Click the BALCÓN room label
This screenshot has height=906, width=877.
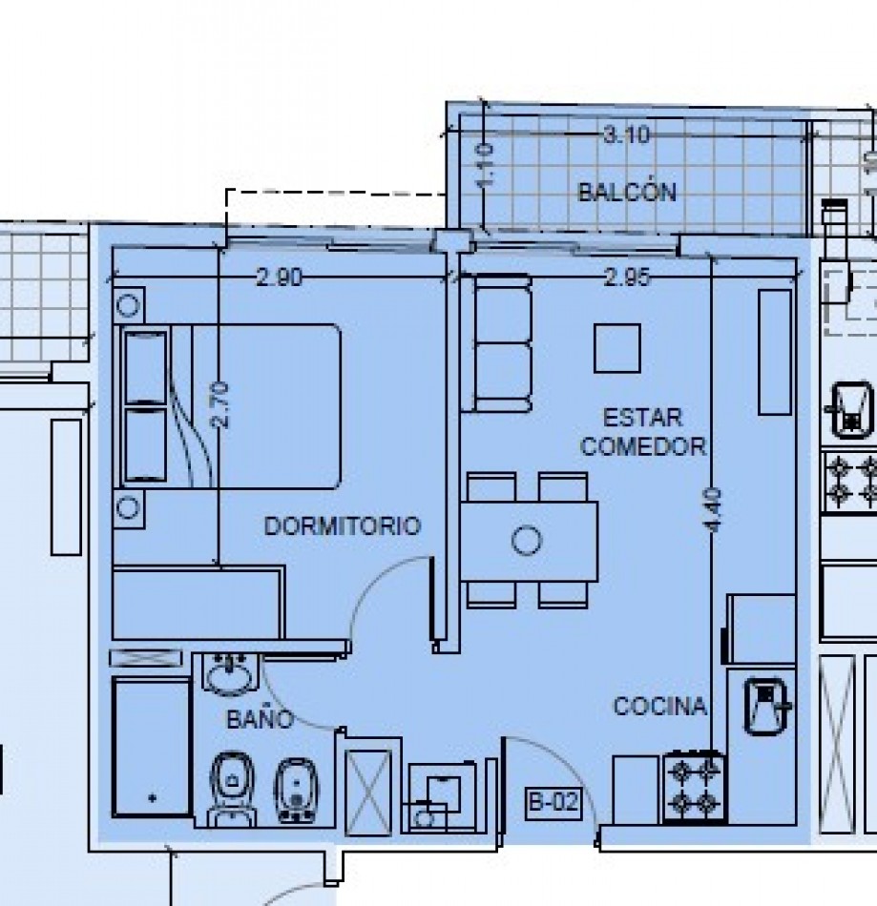[627, 192]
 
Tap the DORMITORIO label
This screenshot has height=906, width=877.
[343, 525]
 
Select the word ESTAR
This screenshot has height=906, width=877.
[642, 417]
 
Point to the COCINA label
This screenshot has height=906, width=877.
[659, 706]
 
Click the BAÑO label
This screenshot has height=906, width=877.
[261, 719]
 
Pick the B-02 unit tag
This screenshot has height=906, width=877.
[553, 802]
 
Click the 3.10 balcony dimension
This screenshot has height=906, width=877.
[627, 135]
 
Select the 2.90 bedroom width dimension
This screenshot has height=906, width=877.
[280, 278]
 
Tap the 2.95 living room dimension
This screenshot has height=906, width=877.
[627, 278]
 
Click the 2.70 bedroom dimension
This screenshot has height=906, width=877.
[220, 405]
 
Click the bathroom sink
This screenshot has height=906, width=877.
[231, 674]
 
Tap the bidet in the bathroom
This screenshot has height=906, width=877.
[297, 790]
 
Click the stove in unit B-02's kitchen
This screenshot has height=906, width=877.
[694, 786]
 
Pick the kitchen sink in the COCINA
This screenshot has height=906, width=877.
[766, 706]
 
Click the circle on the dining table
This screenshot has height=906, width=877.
[527, 540]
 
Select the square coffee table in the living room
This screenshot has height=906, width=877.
[617, 348]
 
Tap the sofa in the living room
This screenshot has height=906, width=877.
[496, 343]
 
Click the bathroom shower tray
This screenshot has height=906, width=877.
[152, 747]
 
